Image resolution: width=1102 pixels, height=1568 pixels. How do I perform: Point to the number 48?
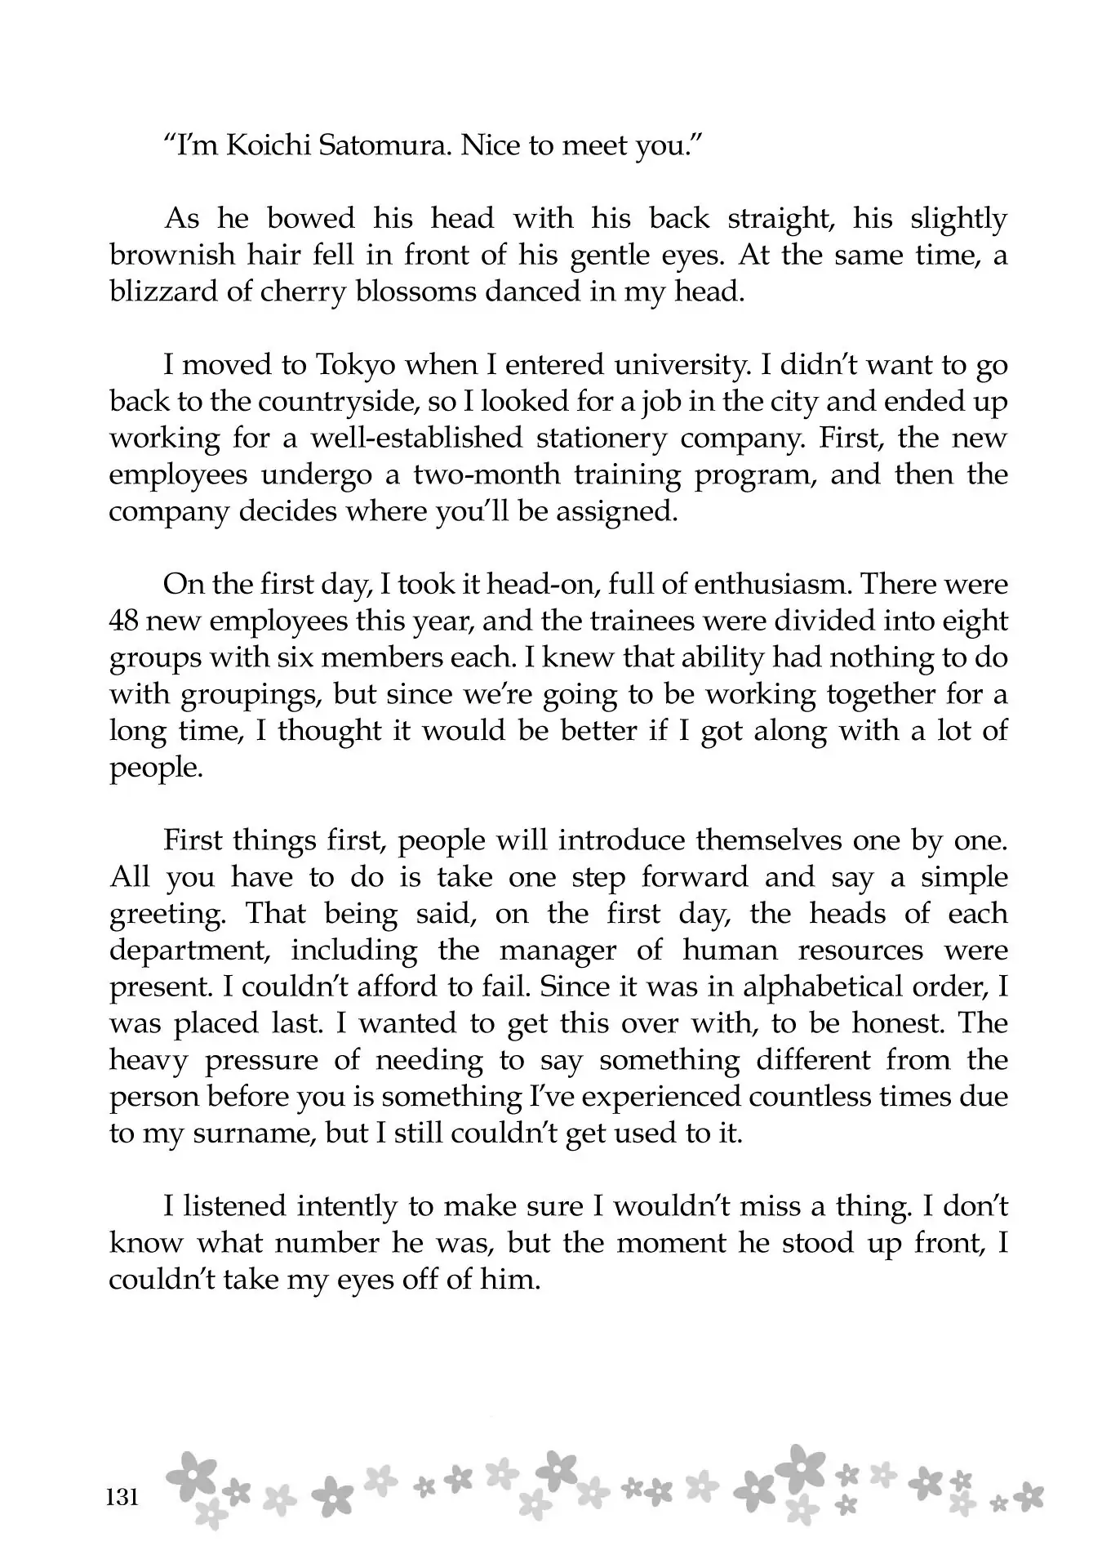click(x=127, y=621)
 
